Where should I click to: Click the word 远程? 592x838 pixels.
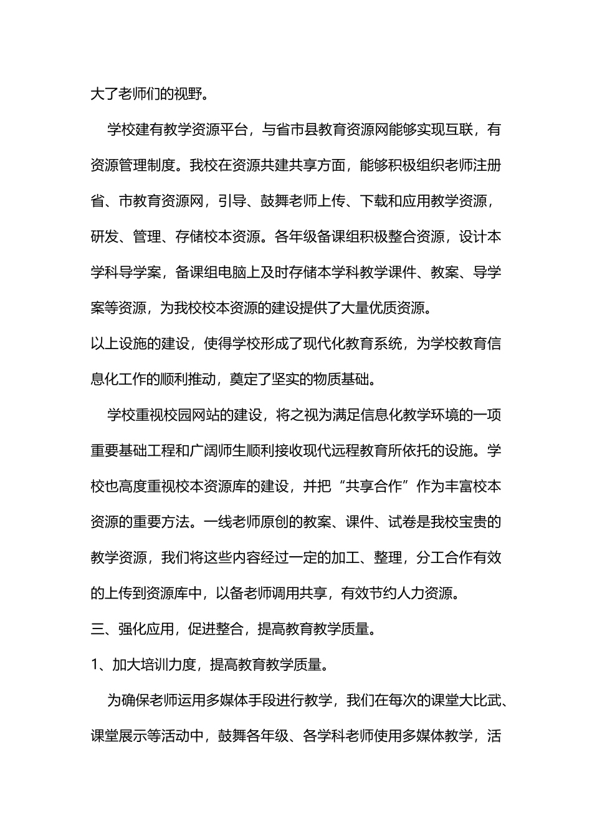[x=388, y=451]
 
